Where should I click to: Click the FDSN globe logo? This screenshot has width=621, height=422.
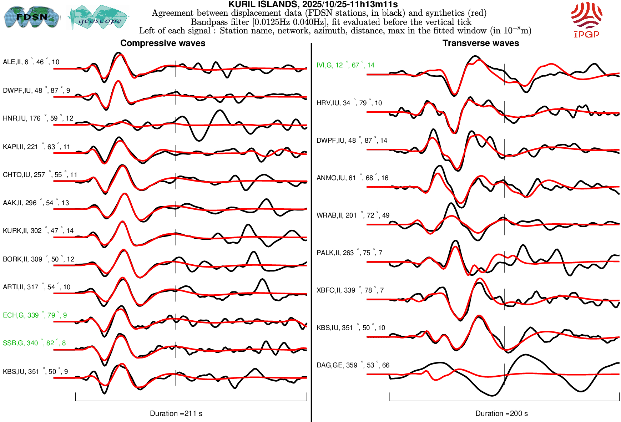[x=31, y=17]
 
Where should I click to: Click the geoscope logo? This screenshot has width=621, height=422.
[x=99, y=17]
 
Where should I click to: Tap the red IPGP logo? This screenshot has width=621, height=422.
[x=586, y=20]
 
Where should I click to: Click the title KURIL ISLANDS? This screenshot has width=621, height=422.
[x=313, y=4]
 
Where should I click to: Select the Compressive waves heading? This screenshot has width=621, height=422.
[x=163, y=43]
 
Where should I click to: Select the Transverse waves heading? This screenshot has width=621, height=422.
[x=480, y=43]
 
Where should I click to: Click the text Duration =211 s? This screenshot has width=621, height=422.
[x=176, y=413]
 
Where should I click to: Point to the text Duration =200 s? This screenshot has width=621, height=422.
[x=501, y=413]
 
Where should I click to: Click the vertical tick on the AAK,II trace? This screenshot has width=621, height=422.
[x=175, y=209]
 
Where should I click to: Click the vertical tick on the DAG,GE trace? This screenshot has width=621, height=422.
[x=504, y=375]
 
